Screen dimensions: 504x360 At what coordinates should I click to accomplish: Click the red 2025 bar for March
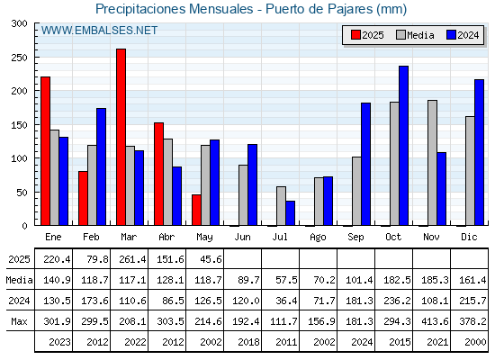[121, 137]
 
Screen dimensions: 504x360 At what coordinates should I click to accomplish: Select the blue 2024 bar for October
[404, 146]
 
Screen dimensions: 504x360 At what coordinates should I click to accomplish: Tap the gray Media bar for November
[432, 163]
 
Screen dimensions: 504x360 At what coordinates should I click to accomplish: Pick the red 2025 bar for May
[197, 210]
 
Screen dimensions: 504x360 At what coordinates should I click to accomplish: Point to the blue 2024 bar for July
[291, 213]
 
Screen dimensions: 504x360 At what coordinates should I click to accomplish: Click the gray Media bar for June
[243, 195]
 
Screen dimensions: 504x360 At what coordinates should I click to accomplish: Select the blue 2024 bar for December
[479, 152]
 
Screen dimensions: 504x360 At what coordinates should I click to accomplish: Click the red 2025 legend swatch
[355, 35]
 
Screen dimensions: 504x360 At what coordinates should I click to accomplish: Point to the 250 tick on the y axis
[19, 58]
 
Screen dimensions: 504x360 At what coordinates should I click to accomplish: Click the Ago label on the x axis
[318, 238]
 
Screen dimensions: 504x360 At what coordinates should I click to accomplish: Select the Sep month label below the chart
[355, 238]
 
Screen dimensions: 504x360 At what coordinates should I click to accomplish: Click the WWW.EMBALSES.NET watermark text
[99, 31]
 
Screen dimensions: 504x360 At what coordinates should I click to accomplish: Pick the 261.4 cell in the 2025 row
[132, 259]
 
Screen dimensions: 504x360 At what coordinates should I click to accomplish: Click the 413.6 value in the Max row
[435, 321]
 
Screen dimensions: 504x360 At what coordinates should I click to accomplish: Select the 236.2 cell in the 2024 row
[397, 301]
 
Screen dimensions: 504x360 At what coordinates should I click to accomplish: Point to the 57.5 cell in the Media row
[286, 280]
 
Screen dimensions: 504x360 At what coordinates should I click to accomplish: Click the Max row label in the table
[19, 321]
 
